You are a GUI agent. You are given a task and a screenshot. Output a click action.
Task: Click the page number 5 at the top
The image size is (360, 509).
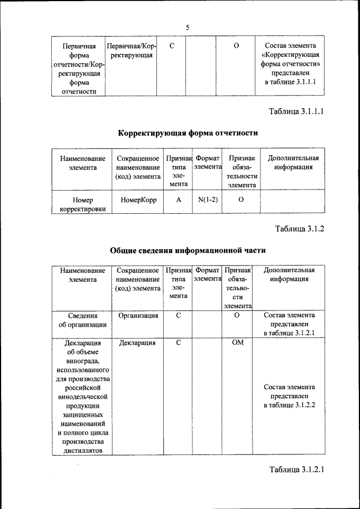coord(188,28)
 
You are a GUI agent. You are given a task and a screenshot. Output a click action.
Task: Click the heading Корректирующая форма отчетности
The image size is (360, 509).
coord(188,133)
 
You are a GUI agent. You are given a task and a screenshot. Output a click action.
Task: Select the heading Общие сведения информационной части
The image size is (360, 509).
coord(188,250)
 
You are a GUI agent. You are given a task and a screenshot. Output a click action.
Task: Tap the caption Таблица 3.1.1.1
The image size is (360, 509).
coord(296,111)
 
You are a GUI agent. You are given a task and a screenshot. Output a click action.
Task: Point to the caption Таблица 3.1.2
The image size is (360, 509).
coord(300,228)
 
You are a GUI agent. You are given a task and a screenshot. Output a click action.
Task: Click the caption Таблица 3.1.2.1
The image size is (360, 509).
coord(296,470)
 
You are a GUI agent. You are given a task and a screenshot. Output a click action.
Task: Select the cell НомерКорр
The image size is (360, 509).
coord(138,200)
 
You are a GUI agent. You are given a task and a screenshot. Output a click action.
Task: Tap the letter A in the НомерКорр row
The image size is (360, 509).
coord(178,200)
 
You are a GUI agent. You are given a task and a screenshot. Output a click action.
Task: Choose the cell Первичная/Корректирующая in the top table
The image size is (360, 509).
coord(131,50)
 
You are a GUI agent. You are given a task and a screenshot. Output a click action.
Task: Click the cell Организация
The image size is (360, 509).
coord(138,316)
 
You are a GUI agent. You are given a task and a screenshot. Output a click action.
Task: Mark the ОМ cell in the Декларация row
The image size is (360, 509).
coord(237,343)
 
